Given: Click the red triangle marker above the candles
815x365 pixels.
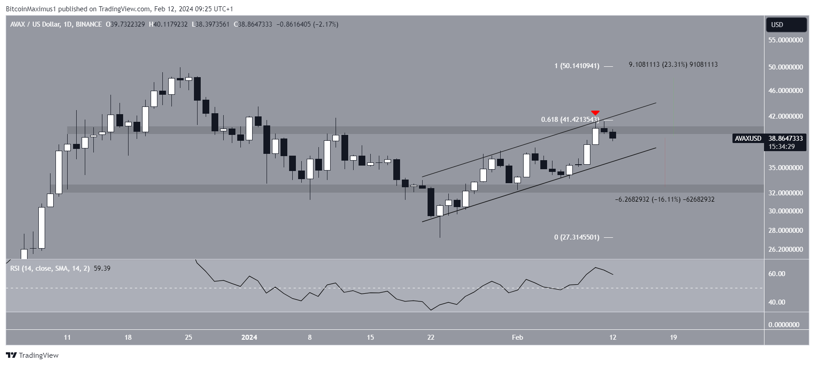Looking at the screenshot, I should pos(595,112).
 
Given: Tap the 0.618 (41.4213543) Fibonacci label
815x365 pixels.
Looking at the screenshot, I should pos(570,120).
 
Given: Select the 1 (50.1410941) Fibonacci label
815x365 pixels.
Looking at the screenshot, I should pos(577,66).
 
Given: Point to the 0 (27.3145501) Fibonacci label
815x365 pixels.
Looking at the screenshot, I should pos(577,237).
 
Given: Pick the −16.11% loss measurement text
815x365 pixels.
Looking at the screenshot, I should pos(664,199).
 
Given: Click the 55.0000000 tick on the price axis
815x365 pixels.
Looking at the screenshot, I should pos(786,40).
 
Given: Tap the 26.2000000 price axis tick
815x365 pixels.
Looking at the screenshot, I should pos(786,249).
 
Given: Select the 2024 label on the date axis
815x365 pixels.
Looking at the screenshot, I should pos(249,337).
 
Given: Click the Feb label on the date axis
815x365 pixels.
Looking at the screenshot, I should pos(517,337).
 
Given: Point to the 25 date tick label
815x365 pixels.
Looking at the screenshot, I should pos(189,337).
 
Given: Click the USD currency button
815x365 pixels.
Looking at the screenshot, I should pos(786,25).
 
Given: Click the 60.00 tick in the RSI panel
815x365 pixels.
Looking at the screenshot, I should pos(777,274).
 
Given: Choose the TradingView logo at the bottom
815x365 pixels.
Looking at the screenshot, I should pos(32,356).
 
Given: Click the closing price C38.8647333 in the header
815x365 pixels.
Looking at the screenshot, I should pos(253,24).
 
